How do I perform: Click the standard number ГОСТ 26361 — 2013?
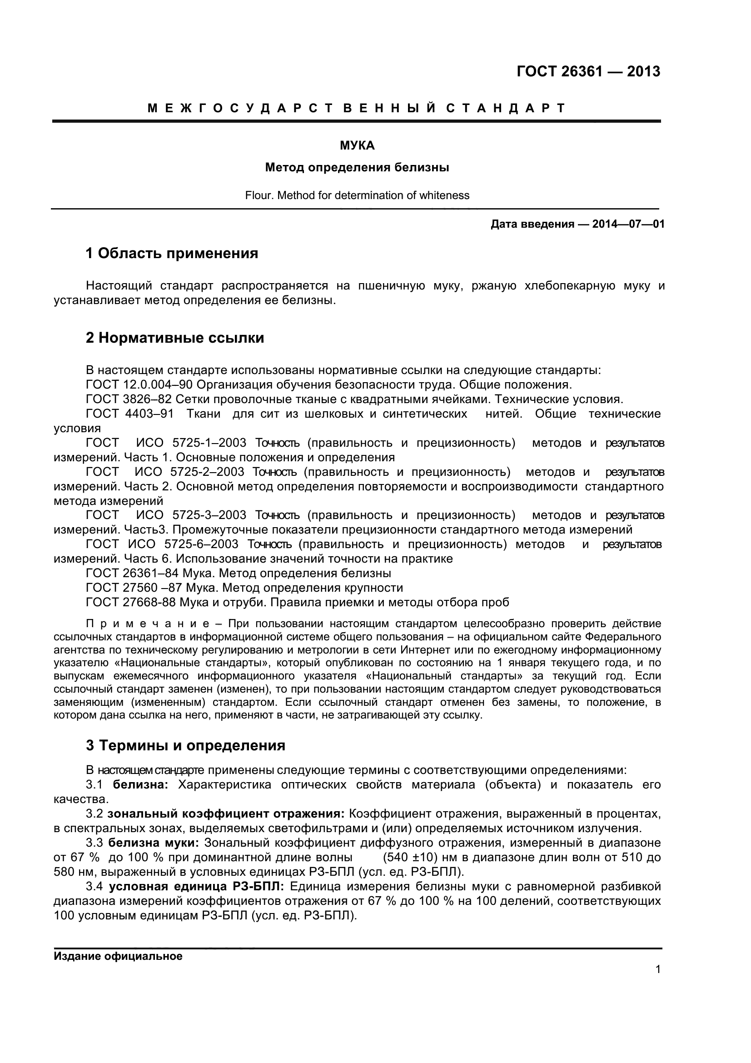587,72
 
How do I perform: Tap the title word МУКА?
357,146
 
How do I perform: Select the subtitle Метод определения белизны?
357,168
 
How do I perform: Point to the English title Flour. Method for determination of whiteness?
357,195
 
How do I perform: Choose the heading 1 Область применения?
172,254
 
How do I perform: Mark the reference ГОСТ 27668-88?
131,602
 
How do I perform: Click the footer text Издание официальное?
118,957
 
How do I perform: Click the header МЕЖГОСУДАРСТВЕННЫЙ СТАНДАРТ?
356,108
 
